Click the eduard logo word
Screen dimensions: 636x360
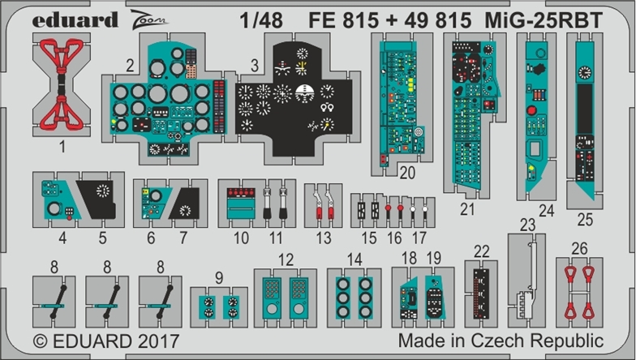tap(75, 19)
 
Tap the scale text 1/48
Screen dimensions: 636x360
tap(261, 20)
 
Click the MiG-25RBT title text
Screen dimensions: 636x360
tap(544, 20)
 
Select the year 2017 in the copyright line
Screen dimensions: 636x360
tap(158, 341)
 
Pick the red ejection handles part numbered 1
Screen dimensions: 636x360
tap(62, 84)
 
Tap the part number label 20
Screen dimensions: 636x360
tap(407, 174)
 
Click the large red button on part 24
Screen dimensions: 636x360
tap(531, 110)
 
